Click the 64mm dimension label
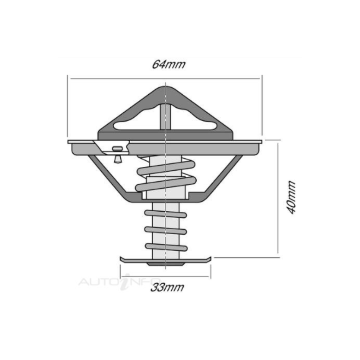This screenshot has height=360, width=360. tap(168, 64)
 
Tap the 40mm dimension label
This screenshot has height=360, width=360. tap(291, 197)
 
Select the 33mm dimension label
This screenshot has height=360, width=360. tap(167, 287)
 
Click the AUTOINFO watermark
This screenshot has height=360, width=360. tap(120, 282)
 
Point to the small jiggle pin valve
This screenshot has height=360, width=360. tap(117, 154)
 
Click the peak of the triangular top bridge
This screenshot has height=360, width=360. tap(166, 87)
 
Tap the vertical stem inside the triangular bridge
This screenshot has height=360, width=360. tap(165, 117)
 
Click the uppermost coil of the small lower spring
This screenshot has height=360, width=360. tap(165, 213)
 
